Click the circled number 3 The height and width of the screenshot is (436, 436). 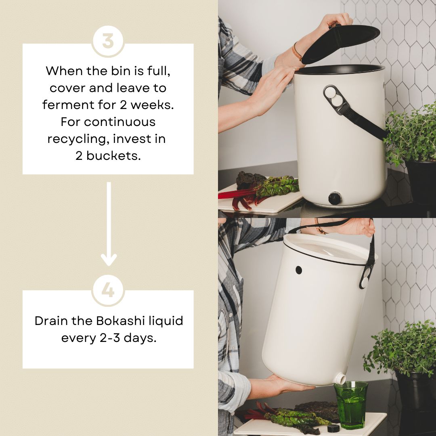click(108, 41)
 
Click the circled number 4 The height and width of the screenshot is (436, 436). click(108, 291)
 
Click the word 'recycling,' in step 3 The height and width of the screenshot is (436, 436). click(79, 139)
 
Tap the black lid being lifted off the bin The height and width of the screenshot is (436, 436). click(341, 42)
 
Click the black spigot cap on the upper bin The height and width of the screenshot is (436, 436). click(335, 198)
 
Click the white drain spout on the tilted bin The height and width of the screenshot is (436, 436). click(340, 378)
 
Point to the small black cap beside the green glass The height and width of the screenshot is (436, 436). click(333, 428)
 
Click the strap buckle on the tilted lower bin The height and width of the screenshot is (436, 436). click(366, 277)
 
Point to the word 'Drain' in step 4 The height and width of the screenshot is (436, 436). click(51, 321)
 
